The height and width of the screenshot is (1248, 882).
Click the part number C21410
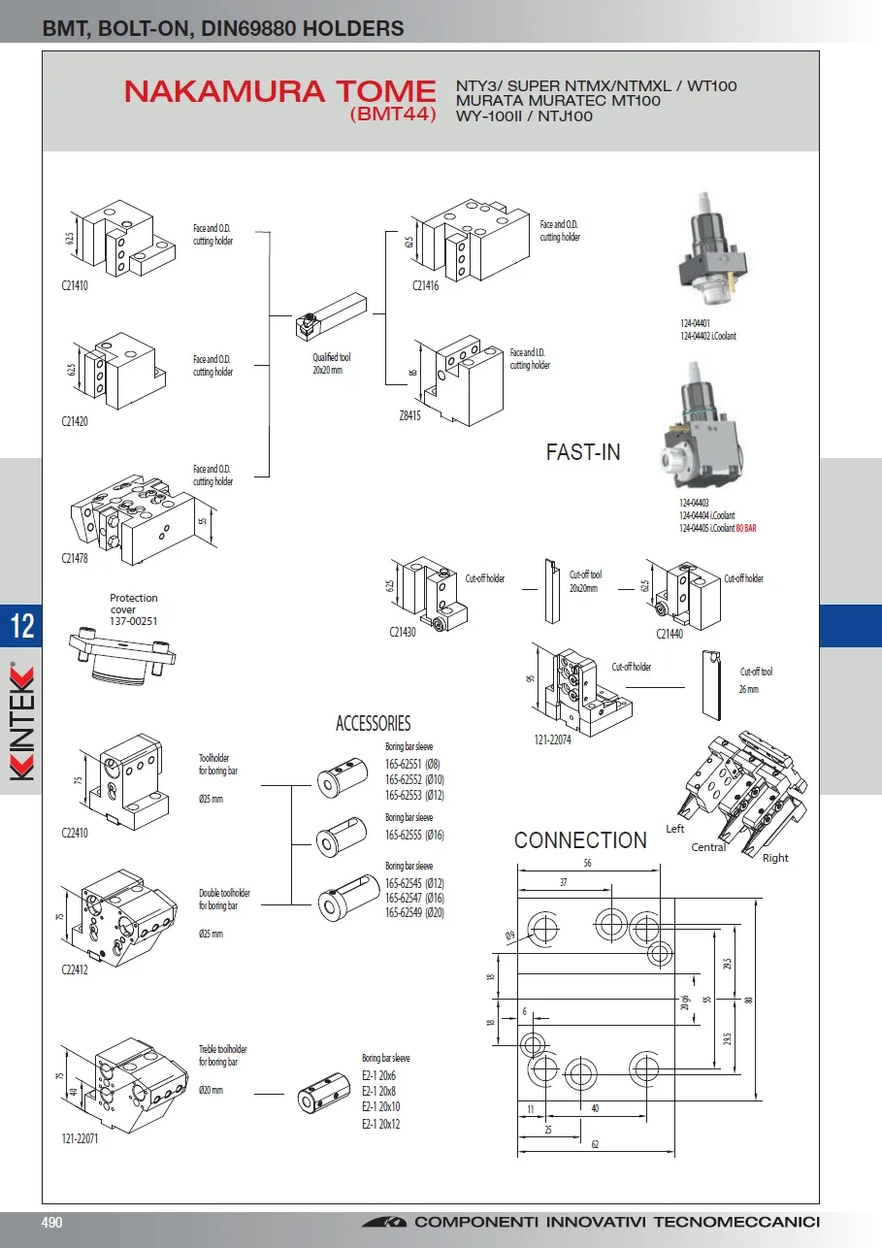[x=75, y=287]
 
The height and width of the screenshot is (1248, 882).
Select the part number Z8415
[x=410, y=415]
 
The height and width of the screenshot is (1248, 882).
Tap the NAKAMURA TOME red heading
[x=279, y=92]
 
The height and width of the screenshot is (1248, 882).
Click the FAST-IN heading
[x=583, y=451]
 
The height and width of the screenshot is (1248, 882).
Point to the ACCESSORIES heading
[x=373, y=723]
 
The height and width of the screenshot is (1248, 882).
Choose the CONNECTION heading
[x=580, y=840]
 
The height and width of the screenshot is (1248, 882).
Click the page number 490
[x=50, y=1223]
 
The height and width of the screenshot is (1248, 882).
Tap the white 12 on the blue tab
[x=21, y=627]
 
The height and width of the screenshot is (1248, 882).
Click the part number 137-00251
[x=134, y=621]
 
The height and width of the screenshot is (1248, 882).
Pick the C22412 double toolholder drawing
[x=120, y=912]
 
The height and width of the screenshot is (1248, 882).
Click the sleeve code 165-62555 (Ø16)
[x=414, y=835]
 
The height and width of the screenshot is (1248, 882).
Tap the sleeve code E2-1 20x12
[x=380, y=1124]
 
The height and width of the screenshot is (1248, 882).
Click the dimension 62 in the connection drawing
[x=595, y=1145]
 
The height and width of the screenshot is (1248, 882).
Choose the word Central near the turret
[x=708, y=847]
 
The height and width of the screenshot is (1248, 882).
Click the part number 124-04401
[x=695, y=324]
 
